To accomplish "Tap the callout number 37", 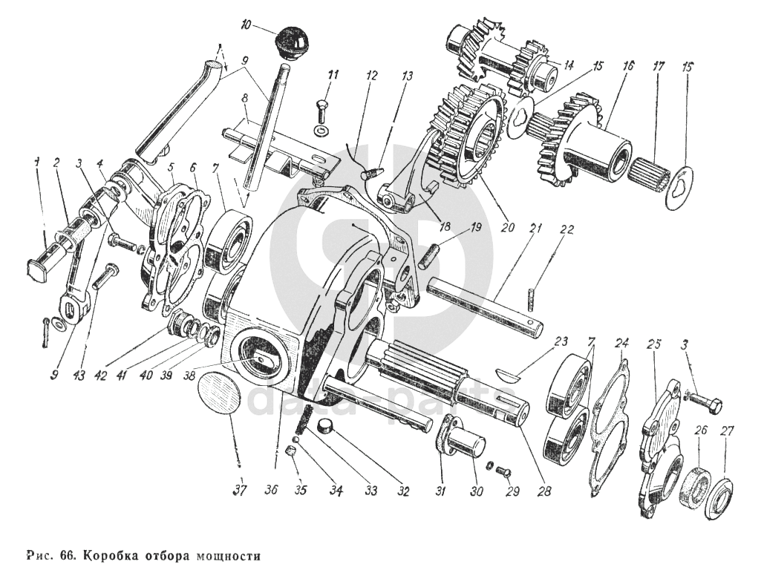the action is coord(239,490).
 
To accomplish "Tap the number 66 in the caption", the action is coord(68,555).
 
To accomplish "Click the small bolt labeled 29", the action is coord(503,471).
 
